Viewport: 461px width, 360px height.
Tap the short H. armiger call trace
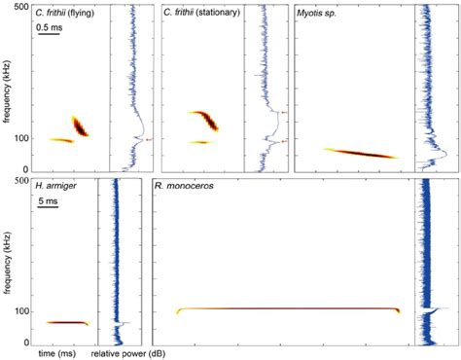[x=67, y=322]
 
